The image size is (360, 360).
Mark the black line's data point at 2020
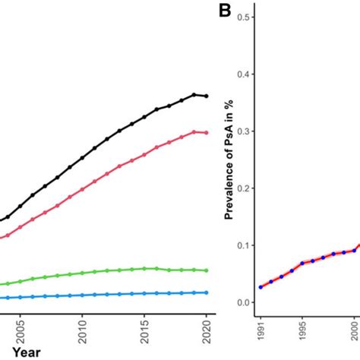tap(206, 96)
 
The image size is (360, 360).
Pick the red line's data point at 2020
tap(206, 133)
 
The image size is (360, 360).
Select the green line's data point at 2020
tap(206, 270)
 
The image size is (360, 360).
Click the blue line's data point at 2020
tap(206, 292)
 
